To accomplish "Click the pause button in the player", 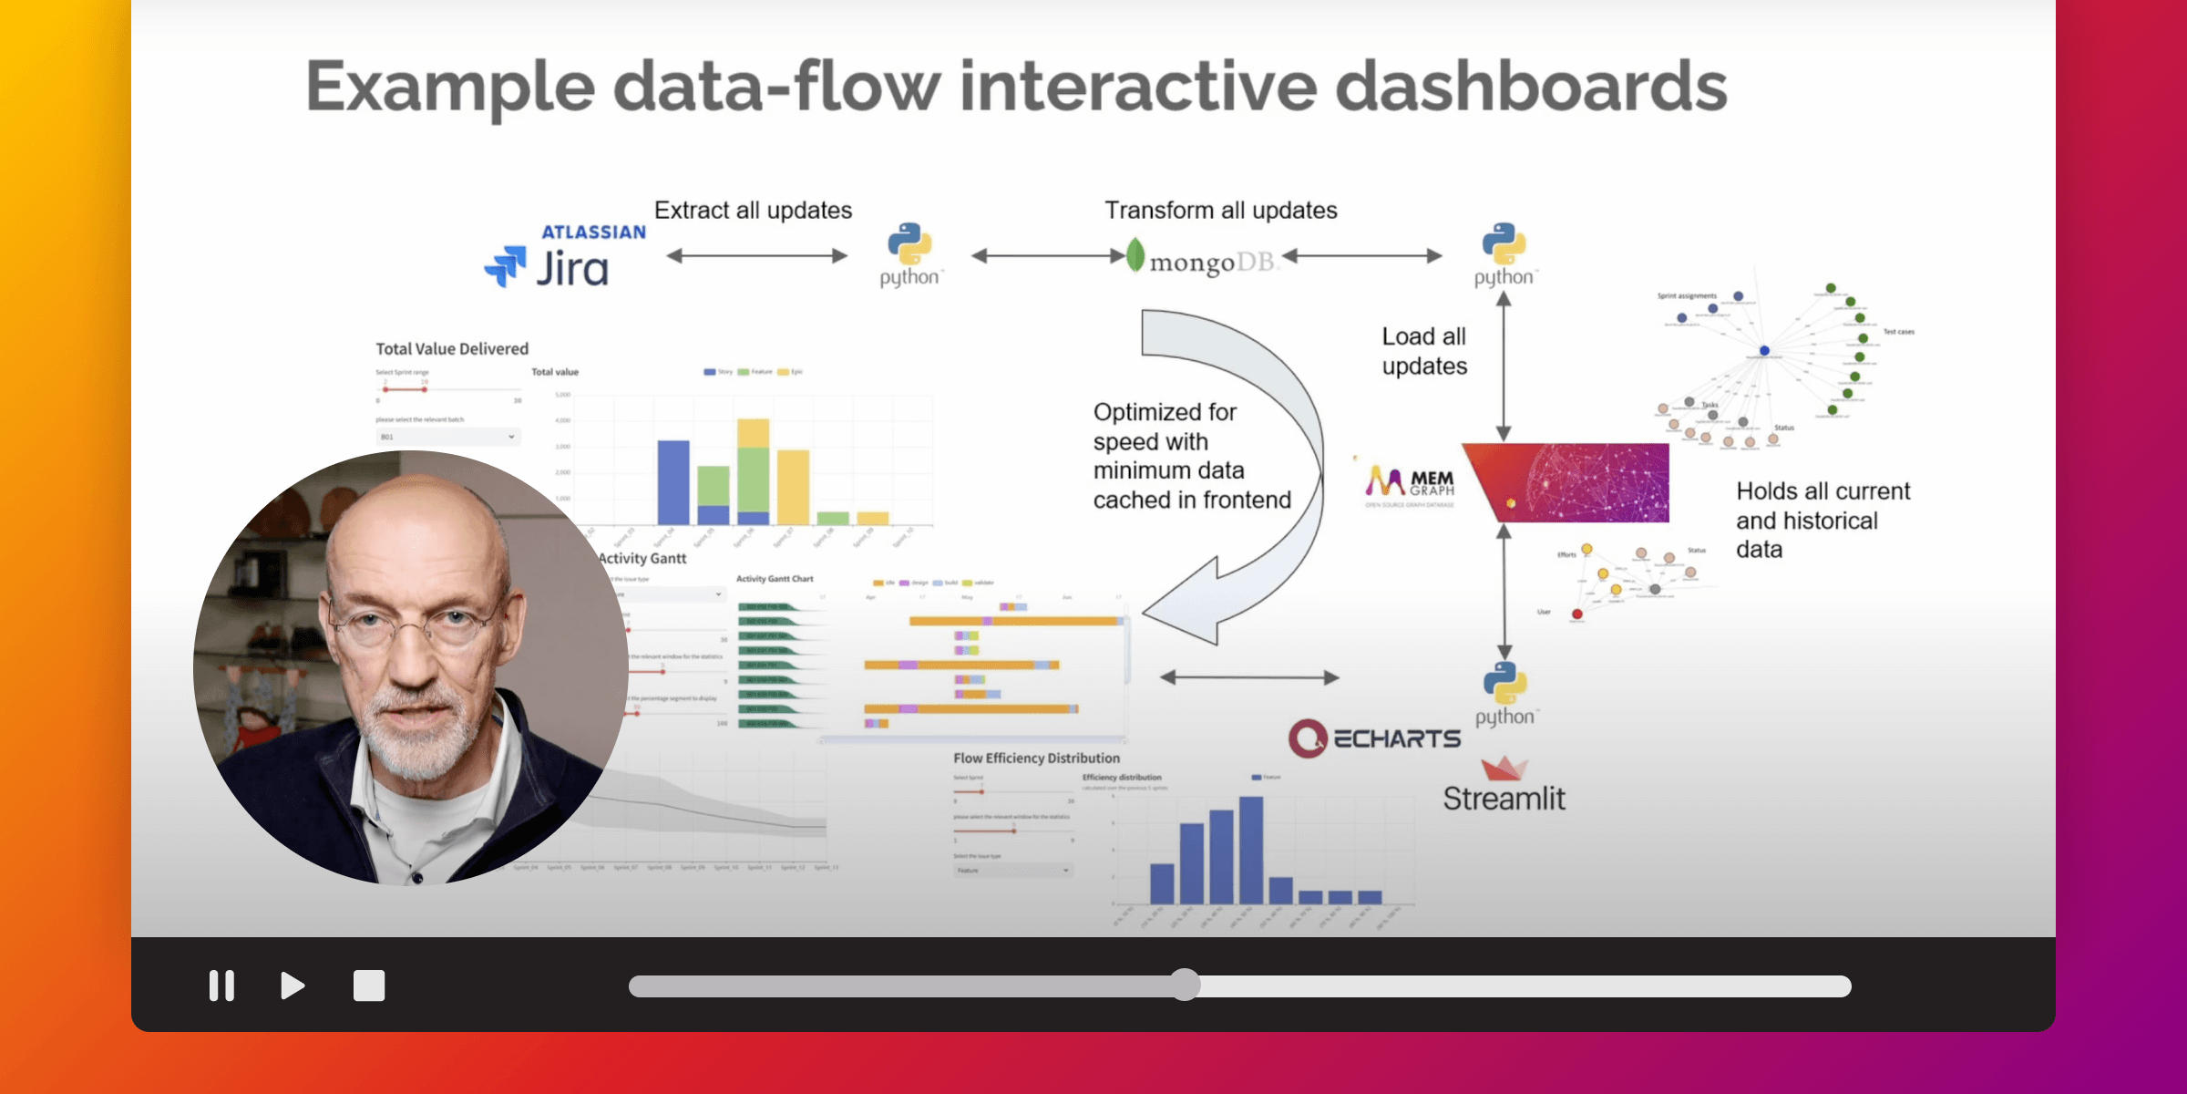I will point(221,986).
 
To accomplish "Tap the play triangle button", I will point(292,986).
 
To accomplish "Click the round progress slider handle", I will point(1185,986).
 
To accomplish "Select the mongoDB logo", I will point(1201,259).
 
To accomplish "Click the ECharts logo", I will point(1374,738).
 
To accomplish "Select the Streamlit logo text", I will point(1504,798).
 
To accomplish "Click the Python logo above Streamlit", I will point(1505,694).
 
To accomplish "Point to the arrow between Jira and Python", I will point(756,256).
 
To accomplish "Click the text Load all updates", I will point(1423,351).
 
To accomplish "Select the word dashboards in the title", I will point(1531,87).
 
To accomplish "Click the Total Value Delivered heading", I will point(452,349).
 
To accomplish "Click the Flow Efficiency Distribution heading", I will point(1036,758).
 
